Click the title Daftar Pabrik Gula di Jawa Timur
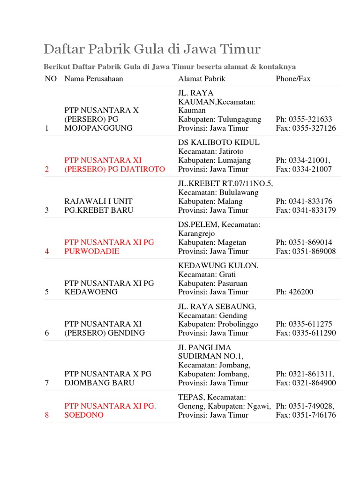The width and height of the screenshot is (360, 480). [152, 49]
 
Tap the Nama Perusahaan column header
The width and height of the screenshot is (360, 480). [94, 79]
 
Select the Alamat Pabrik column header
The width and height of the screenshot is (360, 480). [202, 79]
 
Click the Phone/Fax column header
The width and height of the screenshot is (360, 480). [293, 79]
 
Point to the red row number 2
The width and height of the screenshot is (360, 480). [47, 169]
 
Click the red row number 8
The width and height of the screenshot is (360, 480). [47, 415]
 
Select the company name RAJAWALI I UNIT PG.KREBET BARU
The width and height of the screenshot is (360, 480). [98, 206]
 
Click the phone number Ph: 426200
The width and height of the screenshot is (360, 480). [294, 292]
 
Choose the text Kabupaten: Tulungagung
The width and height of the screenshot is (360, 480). [219, 119]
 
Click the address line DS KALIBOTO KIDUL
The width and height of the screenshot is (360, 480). [219, 142]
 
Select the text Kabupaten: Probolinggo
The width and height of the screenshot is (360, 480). [218, 324]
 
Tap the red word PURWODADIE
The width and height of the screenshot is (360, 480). [92, 251]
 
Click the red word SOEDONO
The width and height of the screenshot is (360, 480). [84, 415]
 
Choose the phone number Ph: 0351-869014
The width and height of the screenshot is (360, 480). [304, 242]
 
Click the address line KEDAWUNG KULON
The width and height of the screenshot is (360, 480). [218, 265]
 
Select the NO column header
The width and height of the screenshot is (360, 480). [51, 79]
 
